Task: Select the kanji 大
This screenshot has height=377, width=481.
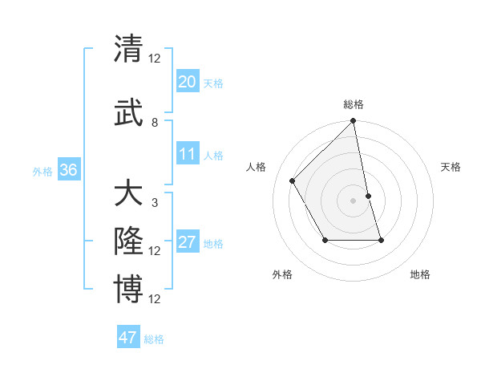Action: tap(128, 194)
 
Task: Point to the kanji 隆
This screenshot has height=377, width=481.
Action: tap(128, 241)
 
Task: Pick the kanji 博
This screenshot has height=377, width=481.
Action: tap(128, 289)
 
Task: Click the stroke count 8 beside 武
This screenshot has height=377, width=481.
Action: tap(155, 123)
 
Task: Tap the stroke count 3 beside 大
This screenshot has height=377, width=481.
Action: tap(155, 203)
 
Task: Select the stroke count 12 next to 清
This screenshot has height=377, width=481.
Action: tap(155, 59)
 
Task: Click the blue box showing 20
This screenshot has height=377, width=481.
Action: tap(188, 82)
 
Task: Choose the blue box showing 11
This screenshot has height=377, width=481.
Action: tap(188, 154)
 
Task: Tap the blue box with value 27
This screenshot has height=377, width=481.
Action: tap(188, 242)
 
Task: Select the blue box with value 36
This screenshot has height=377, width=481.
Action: tap(68, 170)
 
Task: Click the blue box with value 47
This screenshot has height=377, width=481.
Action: tap(128, 338)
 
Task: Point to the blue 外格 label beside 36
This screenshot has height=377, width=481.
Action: tap(42, 171)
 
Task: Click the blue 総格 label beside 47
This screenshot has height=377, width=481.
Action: tap(154, 339)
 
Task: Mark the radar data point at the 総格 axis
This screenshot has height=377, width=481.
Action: tap(353, 121)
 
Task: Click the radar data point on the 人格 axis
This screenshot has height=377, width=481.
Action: tap(293, 180)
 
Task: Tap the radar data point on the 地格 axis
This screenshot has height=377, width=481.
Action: tap(381, 240)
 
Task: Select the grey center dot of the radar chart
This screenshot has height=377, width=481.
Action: tap(353, 200)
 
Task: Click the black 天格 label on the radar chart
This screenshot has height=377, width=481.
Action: tap(451, 167)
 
